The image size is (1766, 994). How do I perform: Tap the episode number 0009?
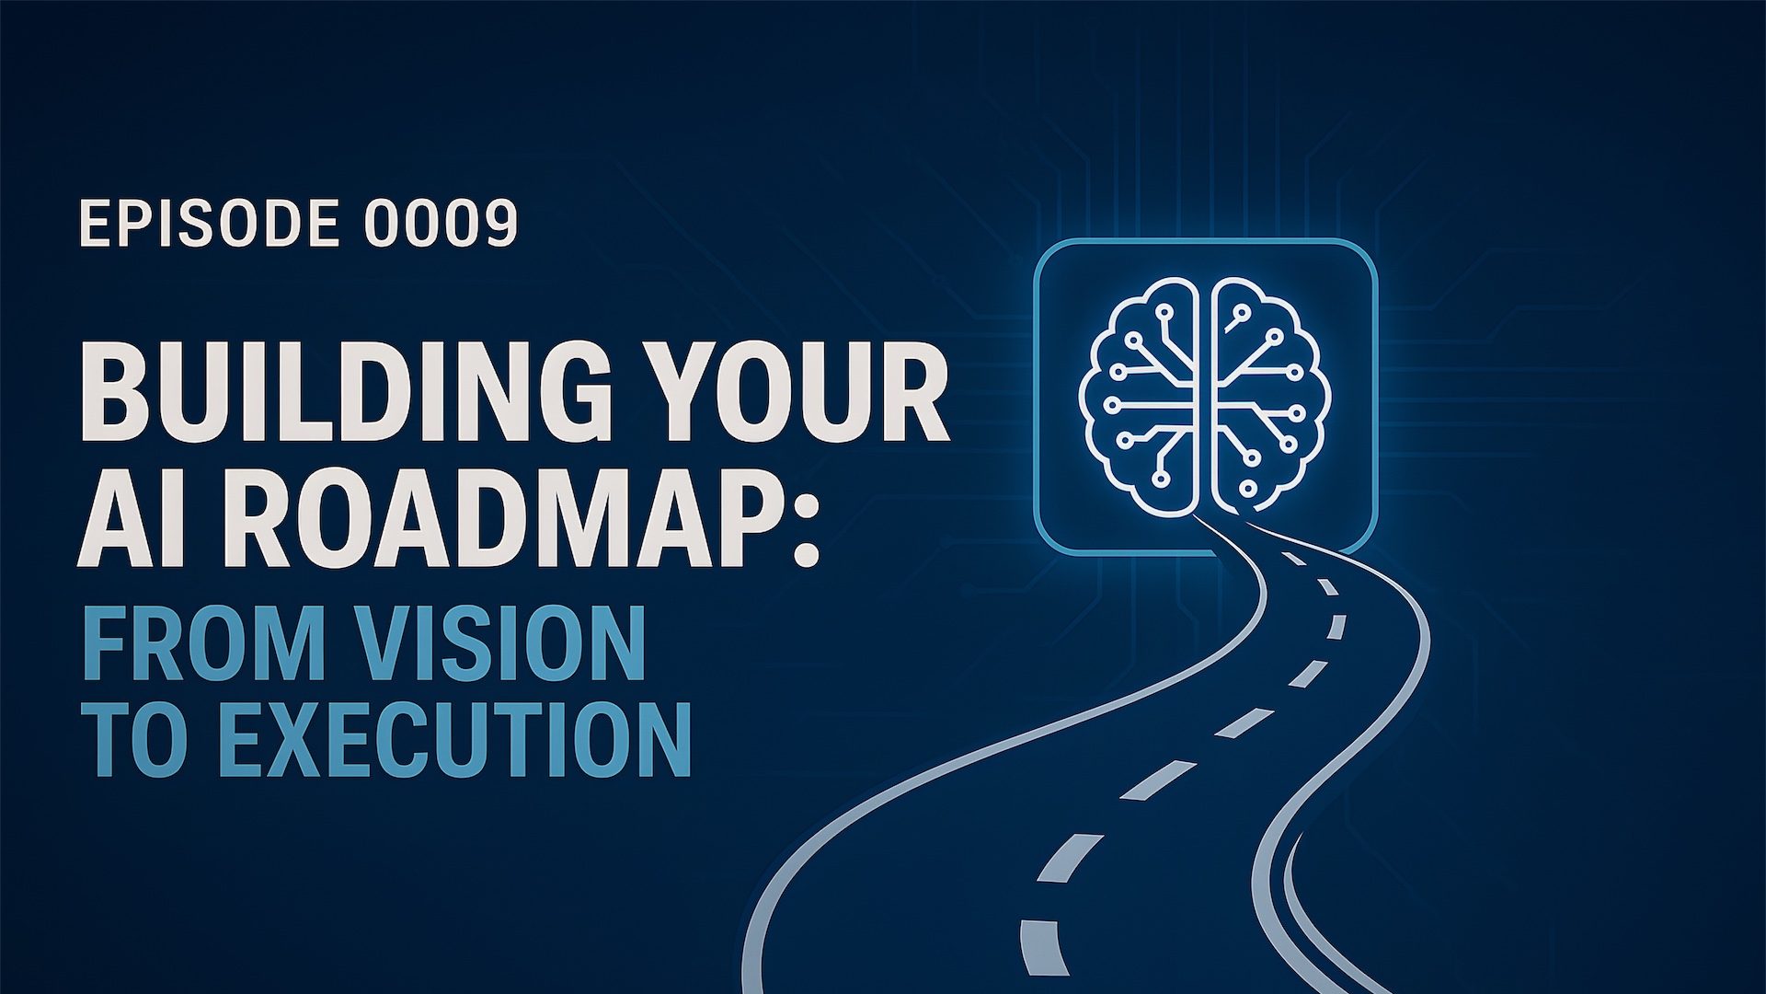point(441,224)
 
